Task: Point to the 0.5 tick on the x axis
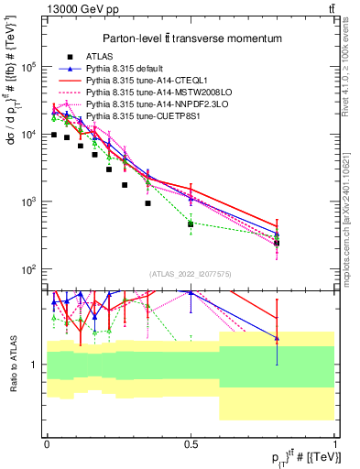pos(191,443)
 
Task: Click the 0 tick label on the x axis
pos(46,443)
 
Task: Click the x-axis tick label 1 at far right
pos(335,443)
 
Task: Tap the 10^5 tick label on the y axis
pos(29,67)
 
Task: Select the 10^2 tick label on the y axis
pos(29,269)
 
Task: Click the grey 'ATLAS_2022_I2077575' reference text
pos(191,274)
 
